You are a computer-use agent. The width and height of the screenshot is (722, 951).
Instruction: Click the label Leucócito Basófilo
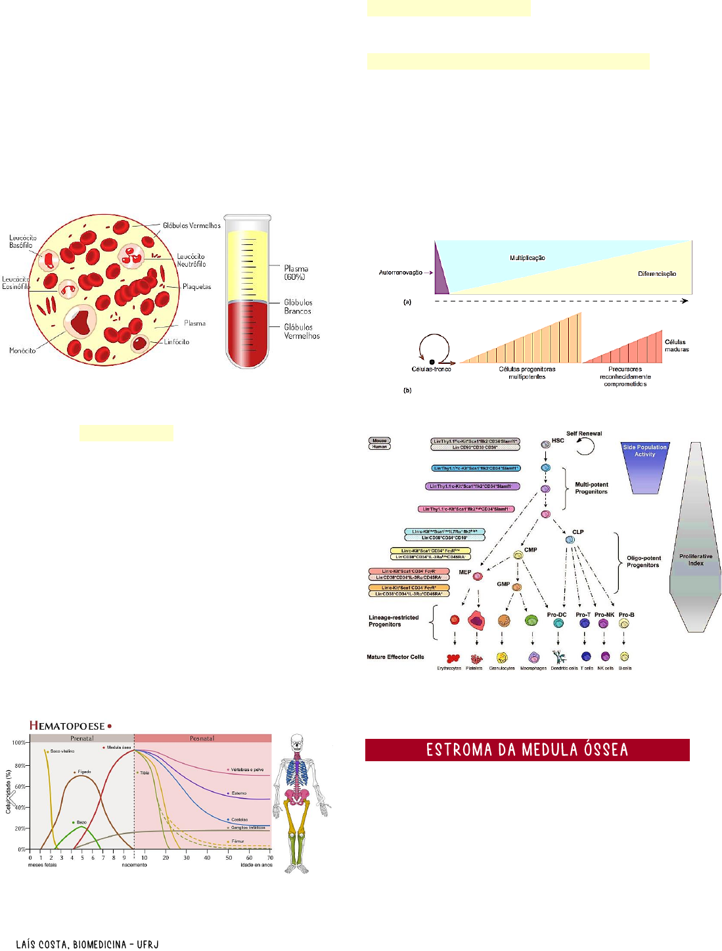[x=22, y=242]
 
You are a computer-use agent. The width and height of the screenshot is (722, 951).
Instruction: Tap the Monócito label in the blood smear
[x=22, y=351]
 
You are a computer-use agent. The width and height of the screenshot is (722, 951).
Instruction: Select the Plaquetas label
[x=196, y=286]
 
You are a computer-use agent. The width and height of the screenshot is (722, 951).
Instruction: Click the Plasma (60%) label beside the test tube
[x=296, y=273]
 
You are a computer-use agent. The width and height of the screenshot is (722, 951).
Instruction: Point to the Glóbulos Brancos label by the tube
[x=298, y=307]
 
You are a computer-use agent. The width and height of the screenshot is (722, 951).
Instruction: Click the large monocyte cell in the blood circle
[x=81, y=321]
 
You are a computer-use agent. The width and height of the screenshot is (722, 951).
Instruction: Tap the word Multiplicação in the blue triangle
[x=527, y=258]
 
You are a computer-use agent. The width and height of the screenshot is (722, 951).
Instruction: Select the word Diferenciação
[x=656, y=274]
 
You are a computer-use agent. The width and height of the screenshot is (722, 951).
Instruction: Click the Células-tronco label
[x=431, y=369]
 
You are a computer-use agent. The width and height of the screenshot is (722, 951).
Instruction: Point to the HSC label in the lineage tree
[x=558, y=441]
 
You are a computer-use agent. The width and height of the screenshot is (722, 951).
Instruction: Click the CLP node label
[x=577, y=532]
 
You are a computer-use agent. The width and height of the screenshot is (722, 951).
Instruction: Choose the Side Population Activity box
[x=644, y=451]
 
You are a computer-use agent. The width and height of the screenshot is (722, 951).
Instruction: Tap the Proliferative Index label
[x=696, y=560]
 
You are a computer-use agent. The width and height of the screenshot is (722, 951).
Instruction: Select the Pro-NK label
[x=604, y=615]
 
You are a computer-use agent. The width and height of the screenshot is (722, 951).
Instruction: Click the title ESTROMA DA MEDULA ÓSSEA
[x=527, y=750]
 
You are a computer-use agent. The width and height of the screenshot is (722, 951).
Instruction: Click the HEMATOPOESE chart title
[x=67, y=726]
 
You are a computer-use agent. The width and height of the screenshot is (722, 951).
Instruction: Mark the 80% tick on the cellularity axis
[x=20, y=766]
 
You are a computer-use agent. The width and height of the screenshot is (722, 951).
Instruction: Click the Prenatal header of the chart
[x=82, y=738]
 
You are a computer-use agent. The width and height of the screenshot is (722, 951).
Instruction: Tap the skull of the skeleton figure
[x=297, y=742]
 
